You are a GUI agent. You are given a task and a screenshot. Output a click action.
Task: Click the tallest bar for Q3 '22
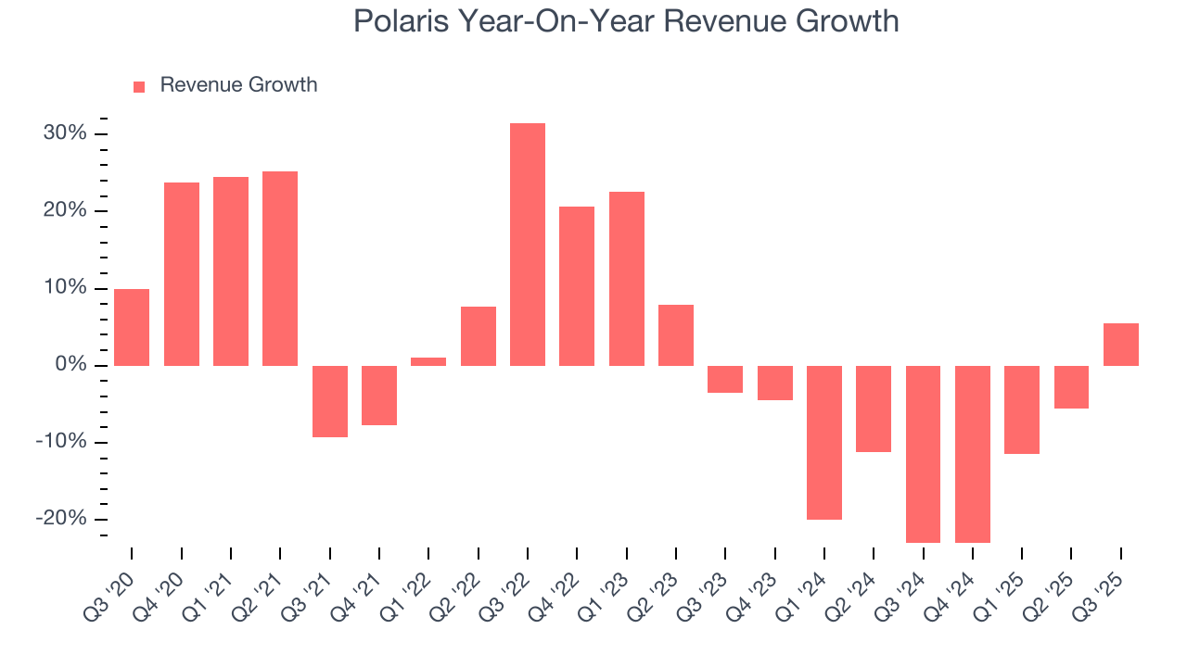click(x=528, y=245)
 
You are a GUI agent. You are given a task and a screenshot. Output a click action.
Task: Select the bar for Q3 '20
click(x=132, y=327)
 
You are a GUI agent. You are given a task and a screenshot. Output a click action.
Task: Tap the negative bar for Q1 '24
click(x=824, y=442)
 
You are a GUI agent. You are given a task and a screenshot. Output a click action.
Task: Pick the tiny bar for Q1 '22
click(x=428, y=361)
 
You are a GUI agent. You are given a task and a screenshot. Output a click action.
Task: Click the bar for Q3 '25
click(x=1120, y=345)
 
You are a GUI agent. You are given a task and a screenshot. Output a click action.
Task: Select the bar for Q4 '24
click(x=973, y=454)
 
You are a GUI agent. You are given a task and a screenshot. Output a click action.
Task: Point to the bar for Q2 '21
click(x=280, y=269)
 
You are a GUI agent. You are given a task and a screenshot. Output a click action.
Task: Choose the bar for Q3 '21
click(x=329, y=401)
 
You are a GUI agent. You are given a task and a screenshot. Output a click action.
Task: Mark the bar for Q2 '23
click(x=676, y=335)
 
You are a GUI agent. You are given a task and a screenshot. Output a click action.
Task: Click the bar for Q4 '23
click(x=774, y=383)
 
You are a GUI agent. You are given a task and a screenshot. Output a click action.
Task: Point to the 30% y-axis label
click(x=65, y=133)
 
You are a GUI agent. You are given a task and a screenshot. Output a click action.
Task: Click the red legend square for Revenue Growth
click(x=139, y=86)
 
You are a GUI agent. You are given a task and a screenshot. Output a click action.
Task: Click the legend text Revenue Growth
click(x=238, y=85)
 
